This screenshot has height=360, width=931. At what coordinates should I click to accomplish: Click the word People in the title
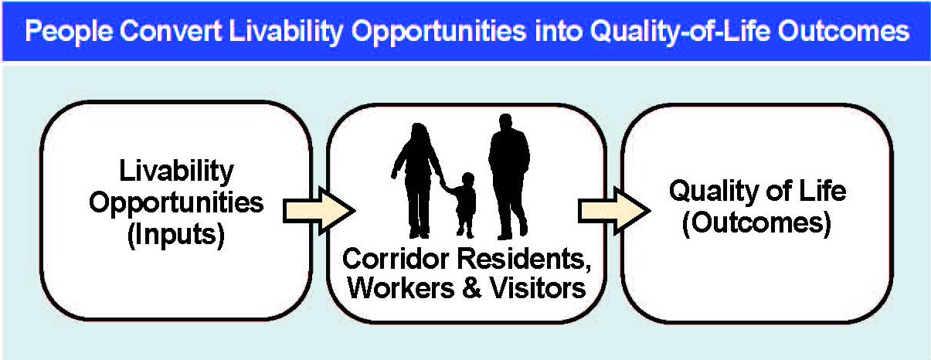tap(69, 32)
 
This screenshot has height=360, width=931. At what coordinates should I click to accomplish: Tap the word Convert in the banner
tap(171, 30)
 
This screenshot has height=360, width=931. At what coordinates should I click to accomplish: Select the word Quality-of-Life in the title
tap(681, 32)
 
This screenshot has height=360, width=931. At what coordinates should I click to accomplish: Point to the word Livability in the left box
tap(177, 171)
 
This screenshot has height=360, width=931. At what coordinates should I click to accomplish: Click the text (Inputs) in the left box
tap(176, 236)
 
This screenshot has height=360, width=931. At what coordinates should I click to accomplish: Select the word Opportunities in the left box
tap(176, 204)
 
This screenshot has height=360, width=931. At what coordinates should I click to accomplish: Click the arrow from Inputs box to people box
tap(319, 210)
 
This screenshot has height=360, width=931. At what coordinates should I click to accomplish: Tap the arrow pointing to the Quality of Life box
tap(614, 210)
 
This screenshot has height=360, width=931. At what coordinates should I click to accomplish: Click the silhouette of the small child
tap(464, 205)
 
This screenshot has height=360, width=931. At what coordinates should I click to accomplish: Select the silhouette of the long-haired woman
tap(418, 182)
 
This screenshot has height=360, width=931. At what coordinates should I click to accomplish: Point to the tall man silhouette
tap(509, 177)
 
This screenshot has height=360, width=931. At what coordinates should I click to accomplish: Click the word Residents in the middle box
tap(524, 260)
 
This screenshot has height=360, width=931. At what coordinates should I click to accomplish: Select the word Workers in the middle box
tap(401, 287)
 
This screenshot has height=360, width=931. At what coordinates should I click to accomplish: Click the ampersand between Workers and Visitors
tap(472, 287)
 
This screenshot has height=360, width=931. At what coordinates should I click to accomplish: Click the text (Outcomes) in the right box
tap(757, 224)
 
